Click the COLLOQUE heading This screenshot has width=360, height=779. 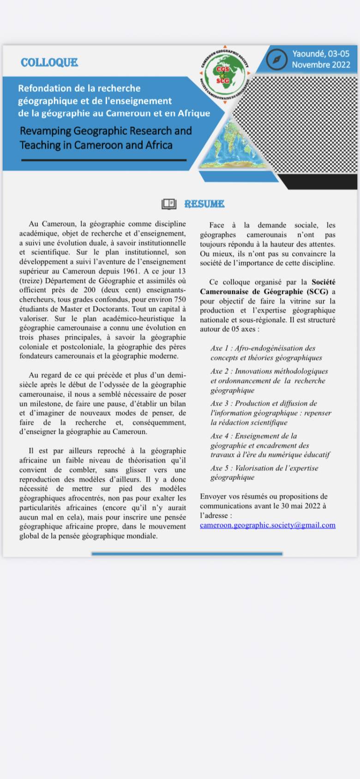pos(49,63)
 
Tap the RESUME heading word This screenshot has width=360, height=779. pos(204,204)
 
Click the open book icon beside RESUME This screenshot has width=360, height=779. pos(169,204)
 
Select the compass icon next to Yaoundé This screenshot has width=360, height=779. pos(277,60)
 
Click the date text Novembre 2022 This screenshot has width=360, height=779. pos(321,65)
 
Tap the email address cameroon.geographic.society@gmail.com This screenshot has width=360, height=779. pos(268,525)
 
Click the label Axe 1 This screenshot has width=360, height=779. pos(220,348)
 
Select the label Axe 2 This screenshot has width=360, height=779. pos(220,371)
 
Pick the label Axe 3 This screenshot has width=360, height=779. pos(220,403)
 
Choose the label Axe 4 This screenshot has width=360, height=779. pos(220,436)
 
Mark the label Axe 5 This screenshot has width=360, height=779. pos(220,468)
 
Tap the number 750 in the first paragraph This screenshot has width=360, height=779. pos(180,300)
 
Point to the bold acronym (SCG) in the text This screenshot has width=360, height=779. pos(317,292)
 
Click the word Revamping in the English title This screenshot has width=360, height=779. pos(44,131)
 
